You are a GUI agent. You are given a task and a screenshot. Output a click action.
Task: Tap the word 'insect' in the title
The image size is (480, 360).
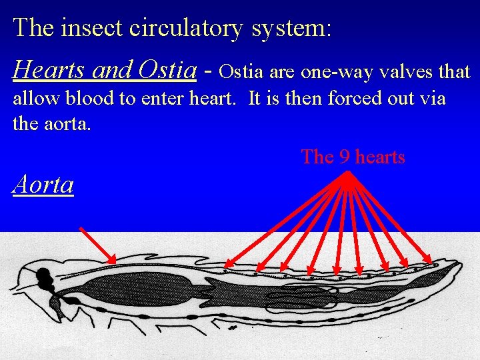[x=95, y=28]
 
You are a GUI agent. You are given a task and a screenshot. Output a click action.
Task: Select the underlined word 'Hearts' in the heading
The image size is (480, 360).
[x=50, y=69]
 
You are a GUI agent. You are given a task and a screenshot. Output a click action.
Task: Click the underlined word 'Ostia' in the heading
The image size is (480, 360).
[x=167, y=69]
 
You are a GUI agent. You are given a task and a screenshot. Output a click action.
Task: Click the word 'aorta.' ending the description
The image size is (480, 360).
[x=70, y=124]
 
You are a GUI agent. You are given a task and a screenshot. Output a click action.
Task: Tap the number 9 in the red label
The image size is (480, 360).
[x=345, y=157]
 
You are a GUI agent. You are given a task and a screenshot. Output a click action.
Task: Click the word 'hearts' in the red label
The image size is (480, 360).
[x=380, y=157]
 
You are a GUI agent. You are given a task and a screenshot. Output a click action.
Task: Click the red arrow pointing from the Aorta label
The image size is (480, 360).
[x=97, y=245]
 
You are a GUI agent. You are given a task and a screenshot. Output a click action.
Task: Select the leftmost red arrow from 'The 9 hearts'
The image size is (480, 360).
[x=287, y=219]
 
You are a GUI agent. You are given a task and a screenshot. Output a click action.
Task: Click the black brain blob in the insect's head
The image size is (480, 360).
[x=43, y=275]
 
